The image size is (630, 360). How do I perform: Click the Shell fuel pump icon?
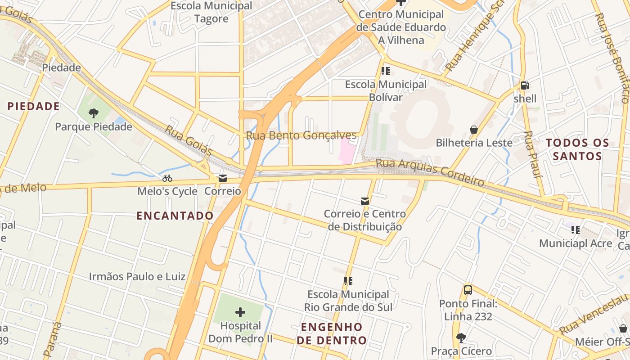pyautogui.click(x=524, y=85)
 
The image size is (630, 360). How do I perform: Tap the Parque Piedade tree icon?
pyautogui.click(x=94, y=113)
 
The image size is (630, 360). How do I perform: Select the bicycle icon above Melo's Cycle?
pyautogui.click(x=167, y=178)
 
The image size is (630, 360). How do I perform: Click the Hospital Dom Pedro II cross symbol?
pyautogui.click(x=240, y=312)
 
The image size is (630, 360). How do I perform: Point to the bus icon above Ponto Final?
pyautogui.click(x=468, y=290)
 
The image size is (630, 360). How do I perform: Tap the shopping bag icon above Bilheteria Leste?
pyautogui.click(x=474, y=130)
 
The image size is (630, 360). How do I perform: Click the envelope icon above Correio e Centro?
pyautogui.click(x=364, y=201)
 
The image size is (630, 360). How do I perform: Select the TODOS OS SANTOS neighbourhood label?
pyautogui.click(x=577, y=150)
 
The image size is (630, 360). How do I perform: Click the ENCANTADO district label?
pyautogui.click(x=175, y=216)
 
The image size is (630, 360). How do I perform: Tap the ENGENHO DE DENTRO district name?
pyautogui.click(x=332, y=333)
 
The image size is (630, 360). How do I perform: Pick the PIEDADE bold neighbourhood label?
pyautogui.click(x=33, y=106)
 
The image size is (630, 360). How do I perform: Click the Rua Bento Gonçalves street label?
pyautogui.click(x=301, y=135)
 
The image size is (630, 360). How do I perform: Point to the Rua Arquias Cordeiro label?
pyautogui.click(x=430, y=172)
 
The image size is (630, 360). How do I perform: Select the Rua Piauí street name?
pyautogui.click(x=532, y=154)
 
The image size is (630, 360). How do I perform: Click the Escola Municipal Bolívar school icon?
pyautogui.click(x=385, y=71)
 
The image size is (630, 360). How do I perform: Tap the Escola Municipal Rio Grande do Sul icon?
pyautogui.click(x=348, y=281)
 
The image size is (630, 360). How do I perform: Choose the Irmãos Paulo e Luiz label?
pyautogui.click(x=137, y=276)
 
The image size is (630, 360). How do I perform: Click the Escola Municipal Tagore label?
pyautogui.click(x=211, y=12)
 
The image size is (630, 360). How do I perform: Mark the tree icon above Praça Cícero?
pyautogui.click(x=461, y=337)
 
